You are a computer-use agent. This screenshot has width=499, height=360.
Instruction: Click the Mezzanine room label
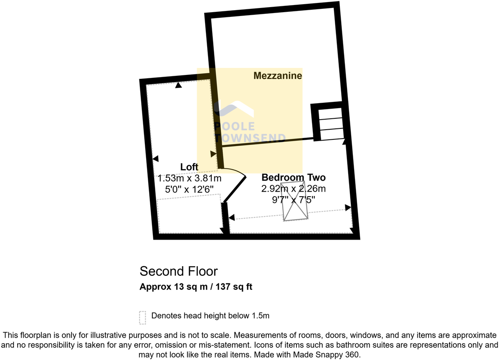[x=278, y=76]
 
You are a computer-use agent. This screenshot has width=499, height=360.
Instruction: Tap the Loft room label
[x=189, y=167]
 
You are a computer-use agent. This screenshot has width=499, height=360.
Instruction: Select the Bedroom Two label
[x=294, y=178]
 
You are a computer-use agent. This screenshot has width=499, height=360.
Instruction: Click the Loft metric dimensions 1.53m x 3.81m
[x=189, y=179]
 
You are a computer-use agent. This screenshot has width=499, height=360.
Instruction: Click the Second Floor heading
[x=179, y=271]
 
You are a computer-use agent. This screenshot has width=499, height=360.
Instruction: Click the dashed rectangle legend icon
[x=143, y=318]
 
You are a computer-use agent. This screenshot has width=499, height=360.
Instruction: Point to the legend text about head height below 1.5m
[x=210, y=315]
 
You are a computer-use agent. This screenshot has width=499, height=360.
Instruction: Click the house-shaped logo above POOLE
[x=234, y=109]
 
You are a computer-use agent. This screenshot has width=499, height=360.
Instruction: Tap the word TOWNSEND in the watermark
[x=250, y=138]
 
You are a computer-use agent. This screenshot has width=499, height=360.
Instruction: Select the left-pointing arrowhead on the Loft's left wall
[x=155, y=159]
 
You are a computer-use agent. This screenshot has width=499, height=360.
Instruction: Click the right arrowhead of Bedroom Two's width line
[x=348, y=208]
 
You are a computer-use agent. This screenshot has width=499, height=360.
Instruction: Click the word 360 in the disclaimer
[x=353, y=355]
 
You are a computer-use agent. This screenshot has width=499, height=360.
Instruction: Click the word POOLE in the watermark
[x=235, y=126]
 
